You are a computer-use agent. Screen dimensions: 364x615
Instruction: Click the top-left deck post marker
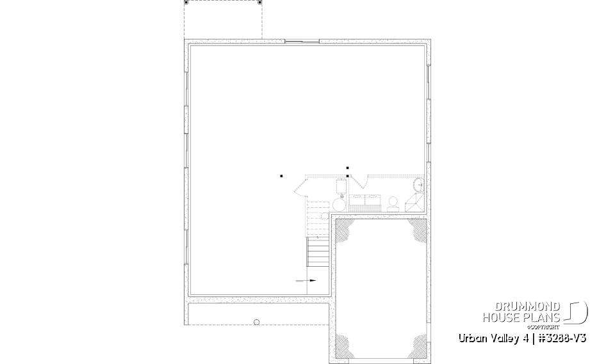tap(186, 3)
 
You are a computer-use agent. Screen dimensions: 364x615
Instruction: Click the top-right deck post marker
tap(260, 3)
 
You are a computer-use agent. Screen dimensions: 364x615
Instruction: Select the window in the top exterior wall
tap(301, 42)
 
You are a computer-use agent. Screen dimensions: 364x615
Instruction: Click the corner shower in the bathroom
tap(414, 202)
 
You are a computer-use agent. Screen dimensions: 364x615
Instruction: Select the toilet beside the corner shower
tap(393, 204)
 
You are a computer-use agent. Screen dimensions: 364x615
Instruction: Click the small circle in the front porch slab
tap(256, 322)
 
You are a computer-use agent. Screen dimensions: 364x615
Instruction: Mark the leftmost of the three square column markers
tap(281, 175)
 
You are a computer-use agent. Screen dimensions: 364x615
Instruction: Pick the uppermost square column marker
tap(347, 168)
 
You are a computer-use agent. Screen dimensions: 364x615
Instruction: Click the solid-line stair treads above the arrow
tap(318, 253)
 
